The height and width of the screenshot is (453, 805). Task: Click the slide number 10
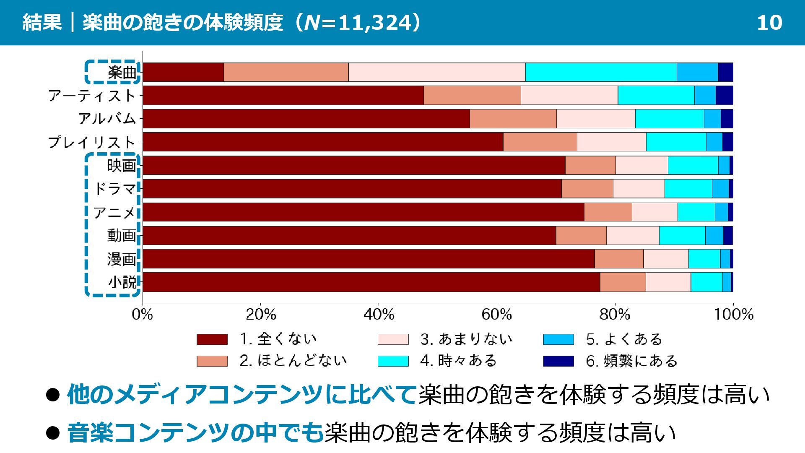point(769,23)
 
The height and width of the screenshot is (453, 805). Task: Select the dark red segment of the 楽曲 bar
point(183,72)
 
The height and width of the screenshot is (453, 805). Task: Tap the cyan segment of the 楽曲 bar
point(601,72)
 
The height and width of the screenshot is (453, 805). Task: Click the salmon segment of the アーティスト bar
point(472,95)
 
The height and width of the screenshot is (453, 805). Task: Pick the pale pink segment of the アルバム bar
point(596,119)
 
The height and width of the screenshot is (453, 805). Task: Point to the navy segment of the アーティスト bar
point(724,95)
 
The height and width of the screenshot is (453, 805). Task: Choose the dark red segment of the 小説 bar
point(371,282)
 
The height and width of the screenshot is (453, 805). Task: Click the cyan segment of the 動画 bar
point(682,235)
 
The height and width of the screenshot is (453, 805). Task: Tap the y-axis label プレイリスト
point(92,142)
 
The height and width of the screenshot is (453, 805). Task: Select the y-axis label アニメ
point(114,212)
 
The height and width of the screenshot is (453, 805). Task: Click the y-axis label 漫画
point(122,259)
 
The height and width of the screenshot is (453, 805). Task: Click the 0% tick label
point(142,314)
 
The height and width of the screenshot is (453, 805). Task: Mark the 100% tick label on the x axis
point(733,314)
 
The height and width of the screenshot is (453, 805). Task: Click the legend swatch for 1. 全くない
point(212,339)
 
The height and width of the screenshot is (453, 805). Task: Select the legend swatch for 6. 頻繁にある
point(558,361)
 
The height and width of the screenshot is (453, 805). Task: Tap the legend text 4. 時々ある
point(458,361)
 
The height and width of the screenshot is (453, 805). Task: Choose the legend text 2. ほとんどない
point(293,361)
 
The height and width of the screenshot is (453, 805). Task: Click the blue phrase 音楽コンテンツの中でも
point(195,433)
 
